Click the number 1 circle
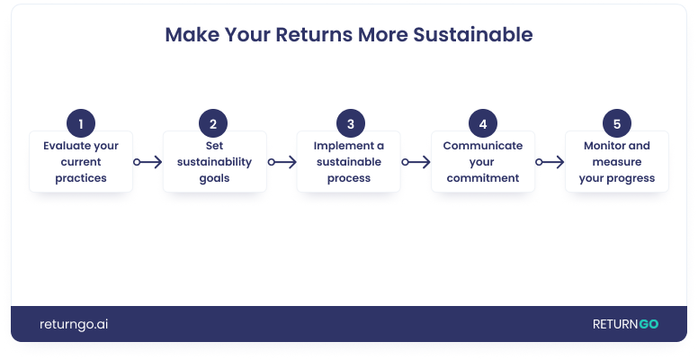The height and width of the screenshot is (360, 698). tap(81, 123)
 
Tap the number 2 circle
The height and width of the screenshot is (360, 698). tap(213, 123)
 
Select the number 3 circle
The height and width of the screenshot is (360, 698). tap(350, 123)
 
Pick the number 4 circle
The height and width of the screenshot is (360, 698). tap(483, 123)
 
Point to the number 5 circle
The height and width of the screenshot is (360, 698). tap(617, 123)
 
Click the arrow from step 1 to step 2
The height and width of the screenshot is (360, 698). tap(148, 162)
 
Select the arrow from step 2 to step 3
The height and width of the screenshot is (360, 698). tap(282, 162)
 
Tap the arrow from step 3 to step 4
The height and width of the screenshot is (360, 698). tap(416, 162)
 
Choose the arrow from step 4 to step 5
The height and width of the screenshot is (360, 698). tap(550, 162)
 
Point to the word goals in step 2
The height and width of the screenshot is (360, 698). tap(214, 178)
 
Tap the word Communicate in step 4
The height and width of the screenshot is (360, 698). tap(483, 146)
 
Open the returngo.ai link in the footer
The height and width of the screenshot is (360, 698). tap(74, 324)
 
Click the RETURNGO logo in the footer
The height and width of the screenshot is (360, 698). tap(625, 324)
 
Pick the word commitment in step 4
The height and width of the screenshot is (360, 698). tap(483, 178)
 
